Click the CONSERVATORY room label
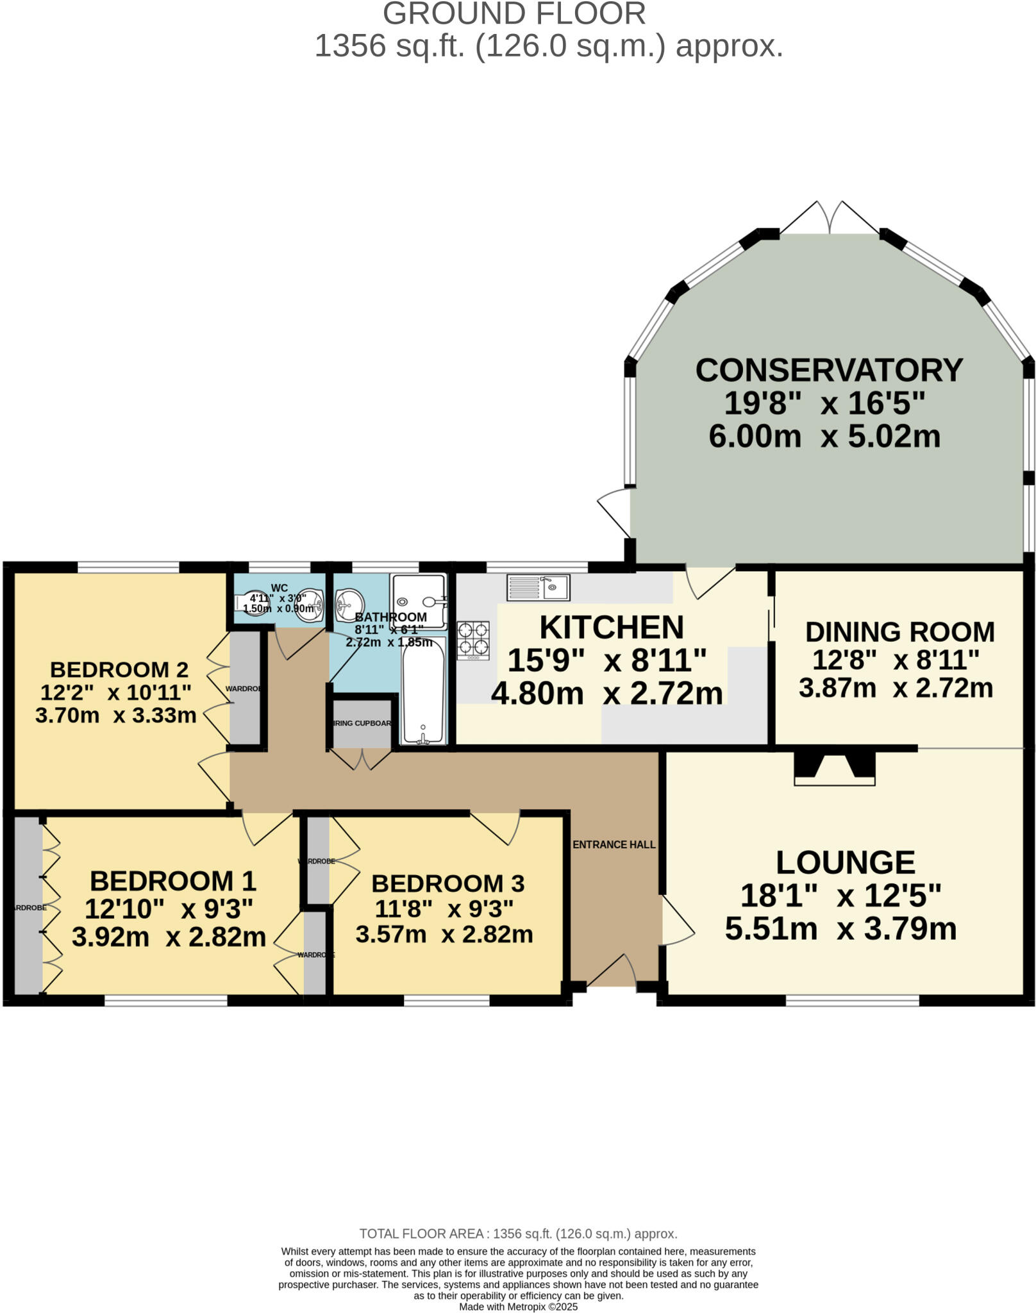tap(829, 371)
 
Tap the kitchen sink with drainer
tap(538, 587)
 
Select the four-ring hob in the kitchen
tap(473, 639)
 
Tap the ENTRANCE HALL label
tap(614, 844)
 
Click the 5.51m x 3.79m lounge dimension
tap(840, 929)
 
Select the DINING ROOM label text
tap(899, 632)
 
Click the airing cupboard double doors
tap(362, 759)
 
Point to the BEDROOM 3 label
tap(447, 883)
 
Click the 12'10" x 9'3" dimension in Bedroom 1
tap(169, 909)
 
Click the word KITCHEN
tap(612, 628)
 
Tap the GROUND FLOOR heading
tap(514, 14)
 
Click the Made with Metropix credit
tap(518, 1307)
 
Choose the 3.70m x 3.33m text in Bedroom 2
tap(115, 715)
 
